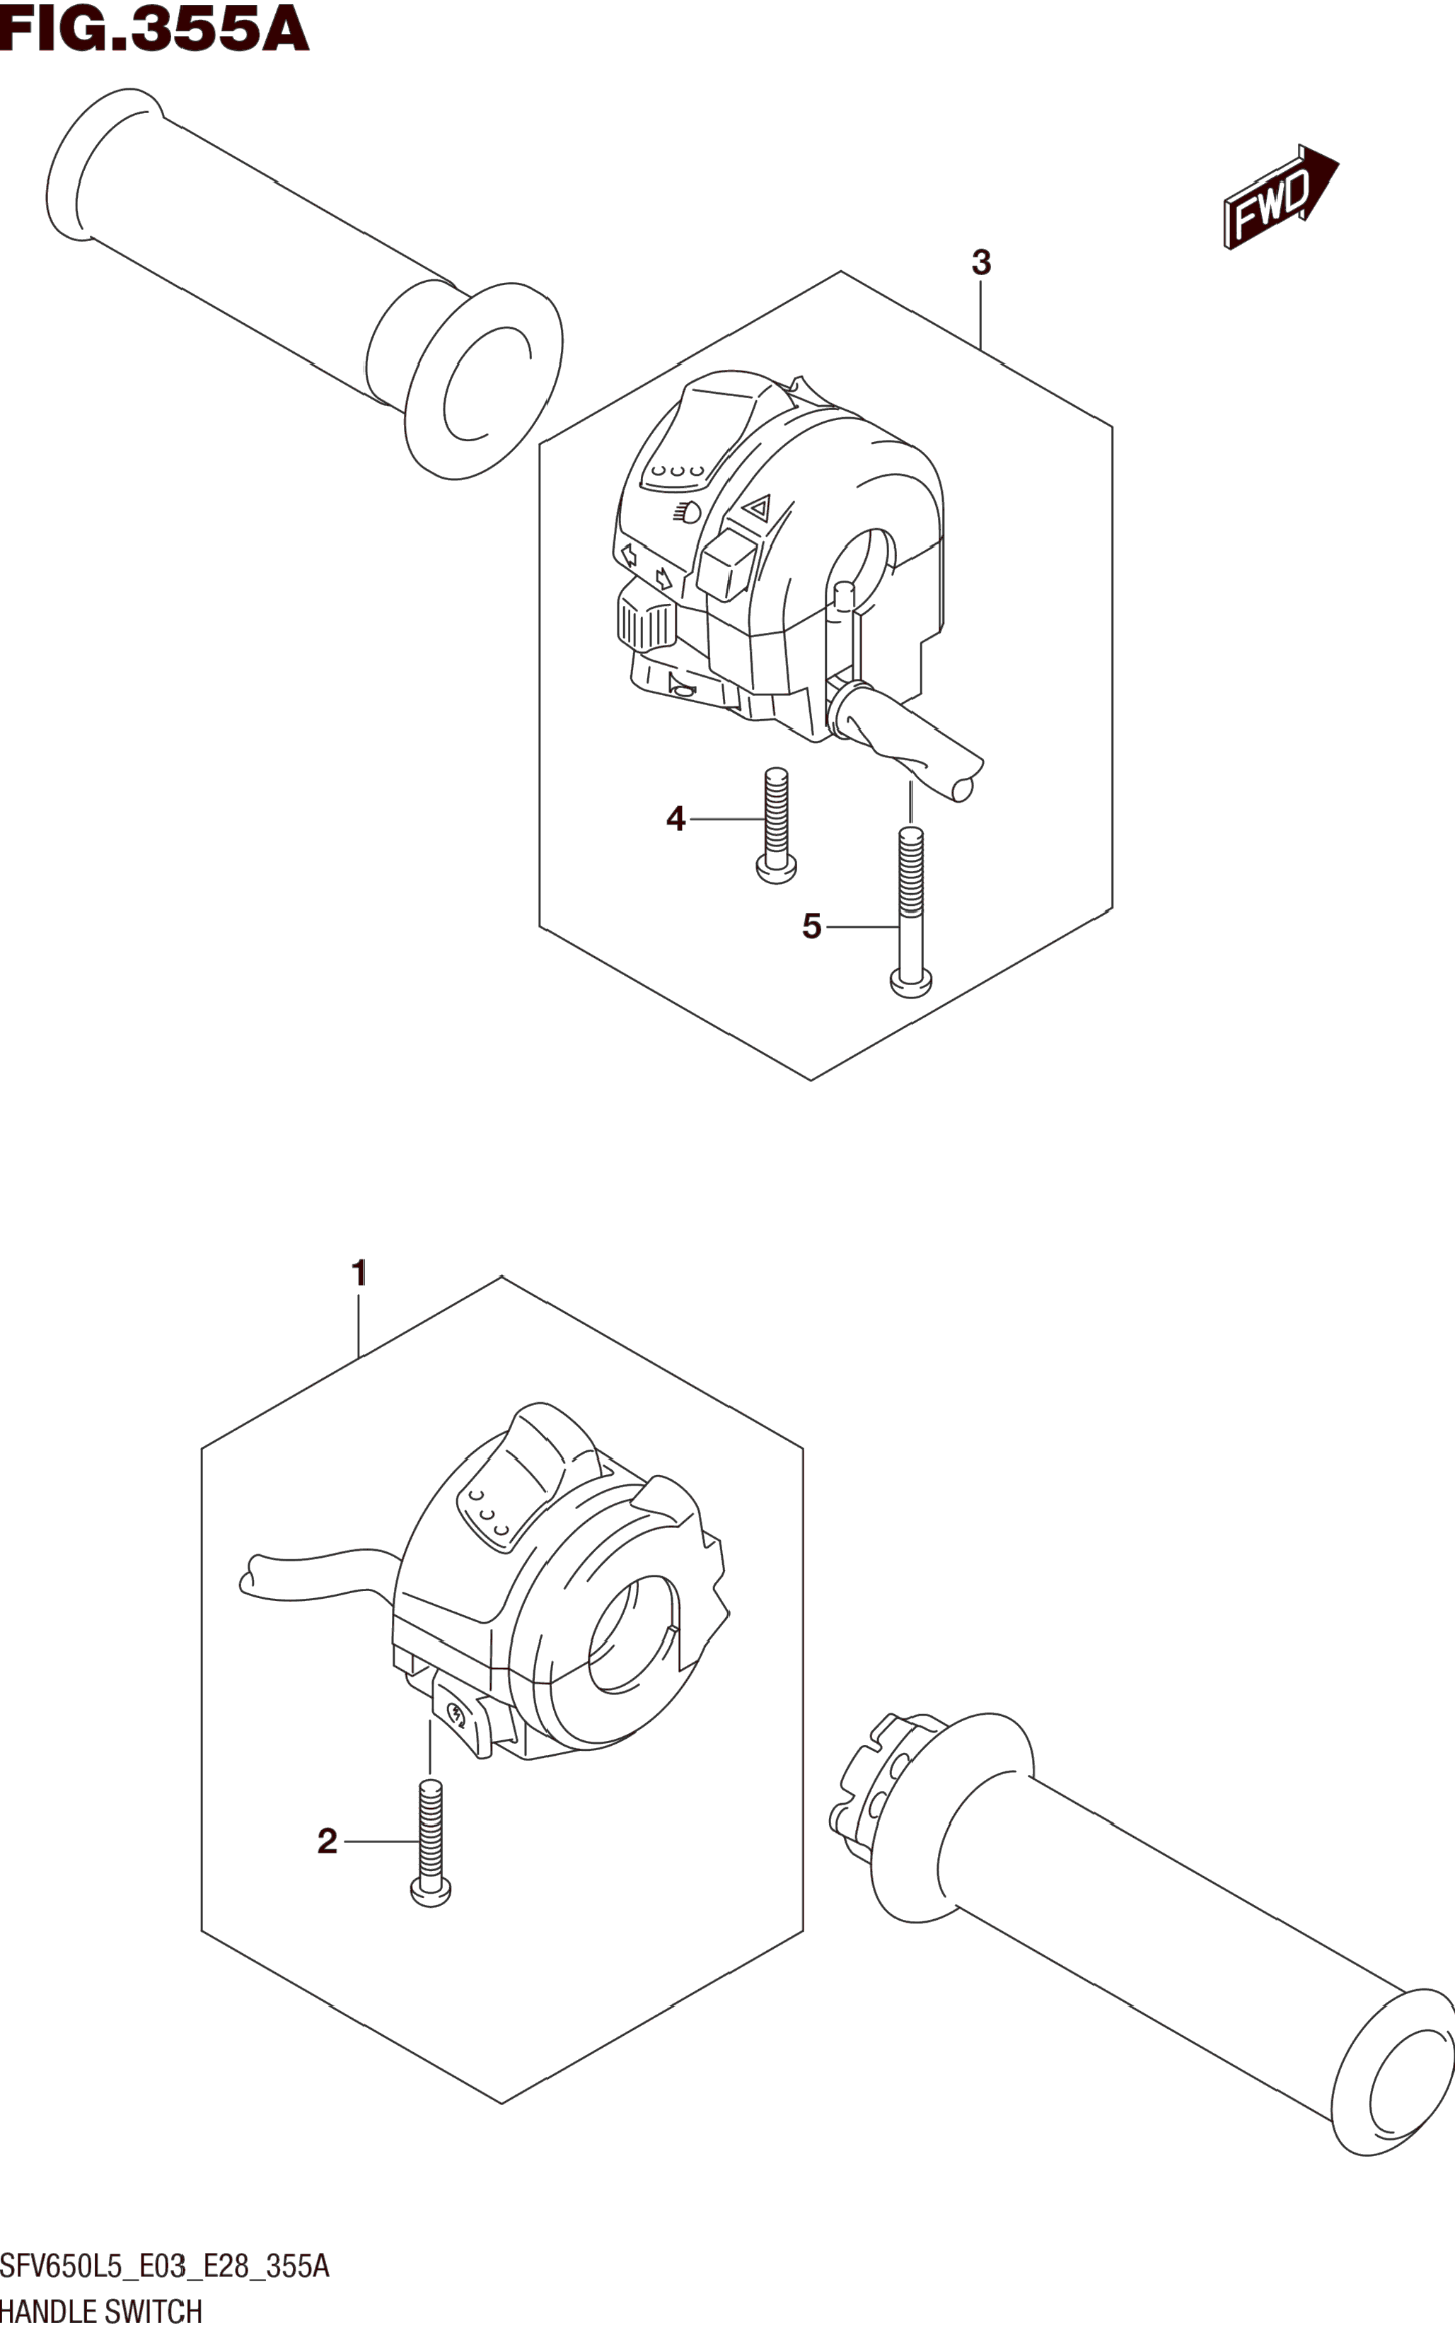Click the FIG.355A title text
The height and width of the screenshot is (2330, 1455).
coord(154,29)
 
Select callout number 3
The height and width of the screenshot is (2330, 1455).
coord(980,262)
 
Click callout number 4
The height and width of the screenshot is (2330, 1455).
coord(676,820)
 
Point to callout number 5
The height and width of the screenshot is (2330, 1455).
coord(811,926)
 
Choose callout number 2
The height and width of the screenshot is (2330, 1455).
coord(327,1841)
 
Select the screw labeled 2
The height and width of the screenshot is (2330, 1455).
coord(430,1841)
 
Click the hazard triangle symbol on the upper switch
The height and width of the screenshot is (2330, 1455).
coord(758,507)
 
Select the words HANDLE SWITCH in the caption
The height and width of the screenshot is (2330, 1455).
coord(101,2311)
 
